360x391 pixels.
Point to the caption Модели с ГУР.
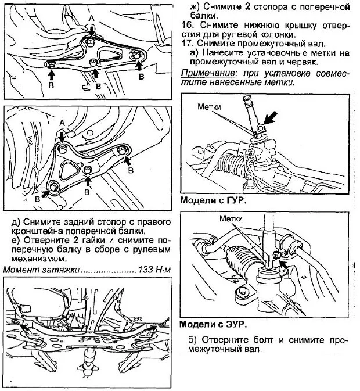click(x=213, y=200)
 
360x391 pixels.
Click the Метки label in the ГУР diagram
click(x=210, y=107)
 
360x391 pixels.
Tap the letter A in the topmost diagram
click(x=91, y=19)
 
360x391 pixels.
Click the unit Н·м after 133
click(x=163, y=271)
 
